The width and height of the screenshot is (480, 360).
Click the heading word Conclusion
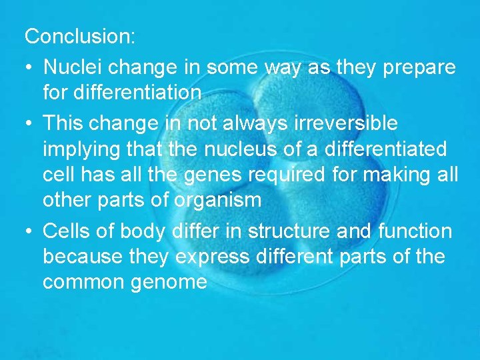[80, 37]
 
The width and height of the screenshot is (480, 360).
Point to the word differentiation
[122, 93]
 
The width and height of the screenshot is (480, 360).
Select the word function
[415, 231]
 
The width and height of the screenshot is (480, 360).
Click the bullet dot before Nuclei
[30, 68]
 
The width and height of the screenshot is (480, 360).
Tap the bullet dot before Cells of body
[30, 232]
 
